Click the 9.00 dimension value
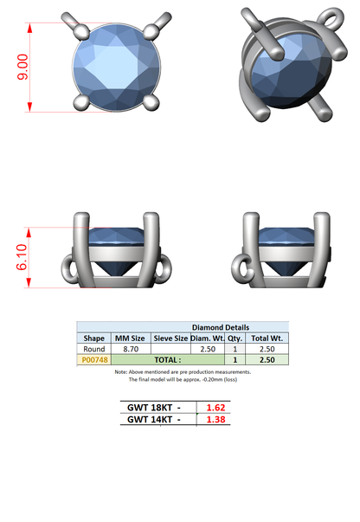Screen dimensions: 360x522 tap(22, 67)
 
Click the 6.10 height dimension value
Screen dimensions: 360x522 tap(22, 257)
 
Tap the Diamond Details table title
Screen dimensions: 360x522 tap(221, 327)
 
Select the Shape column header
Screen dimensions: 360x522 tap(93, 338)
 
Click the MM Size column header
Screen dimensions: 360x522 tap(130, 338)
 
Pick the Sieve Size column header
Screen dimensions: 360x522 tap(170, 338)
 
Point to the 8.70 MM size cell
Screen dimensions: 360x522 tap(131, 349)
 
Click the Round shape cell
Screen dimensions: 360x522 tap(93, 349)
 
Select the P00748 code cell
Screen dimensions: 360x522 tap(94, 360)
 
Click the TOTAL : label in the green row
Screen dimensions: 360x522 tap(168, 360)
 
